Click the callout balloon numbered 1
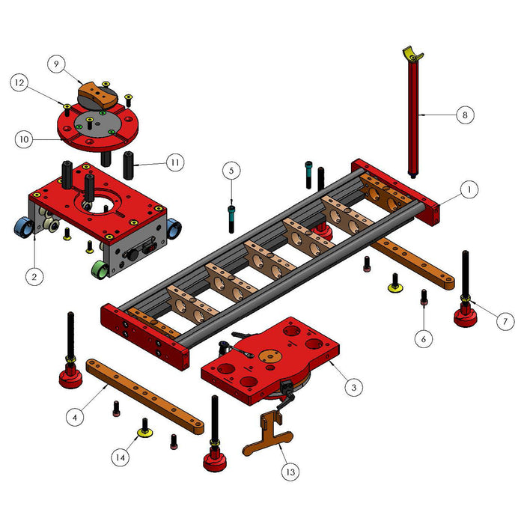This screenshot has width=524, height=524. [x=469, y=189]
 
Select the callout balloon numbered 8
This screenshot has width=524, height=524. [x=465, y=115]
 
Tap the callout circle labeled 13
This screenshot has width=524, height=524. [x=290, y=472]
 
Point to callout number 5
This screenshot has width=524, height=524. [x=231, y=171]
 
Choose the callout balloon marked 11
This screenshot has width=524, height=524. [x=175, y=162]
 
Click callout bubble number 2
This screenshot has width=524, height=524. [x=34, y=277]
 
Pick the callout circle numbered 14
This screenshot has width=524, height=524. [x=121, y=457]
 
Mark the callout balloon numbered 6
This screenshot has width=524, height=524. [x=424, y=339]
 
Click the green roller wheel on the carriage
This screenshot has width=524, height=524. [x=100, y=270]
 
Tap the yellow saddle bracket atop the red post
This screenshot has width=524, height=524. [x=412, y=54]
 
